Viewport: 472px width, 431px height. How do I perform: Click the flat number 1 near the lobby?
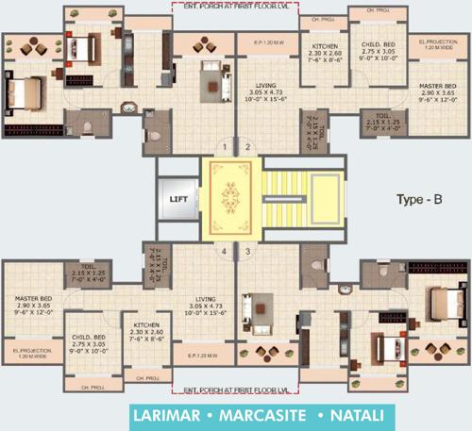point(224,148)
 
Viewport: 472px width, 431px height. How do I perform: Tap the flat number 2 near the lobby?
point(247,148)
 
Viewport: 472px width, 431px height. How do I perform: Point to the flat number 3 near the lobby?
point(247,252)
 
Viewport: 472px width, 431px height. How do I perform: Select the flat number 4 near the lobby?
point(224,252)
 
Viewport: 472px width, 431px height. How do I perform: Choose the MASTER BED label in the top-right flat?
point(436,86)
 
